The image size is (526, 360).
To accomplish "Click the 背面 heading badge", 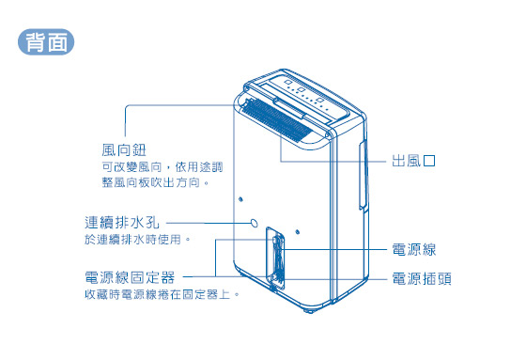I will point(46,42).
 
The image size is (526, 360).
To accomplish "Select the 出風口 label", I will point(414,161).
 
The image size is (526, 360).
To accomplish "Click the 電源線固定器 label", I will point(130,278).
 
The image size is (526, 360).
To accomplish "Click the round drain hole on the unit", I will point(255,223).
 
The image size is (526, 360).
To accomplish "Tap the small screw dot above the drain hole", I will point(242,199).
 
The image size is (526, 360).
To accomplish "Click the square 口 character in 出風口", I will point(429,161).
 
